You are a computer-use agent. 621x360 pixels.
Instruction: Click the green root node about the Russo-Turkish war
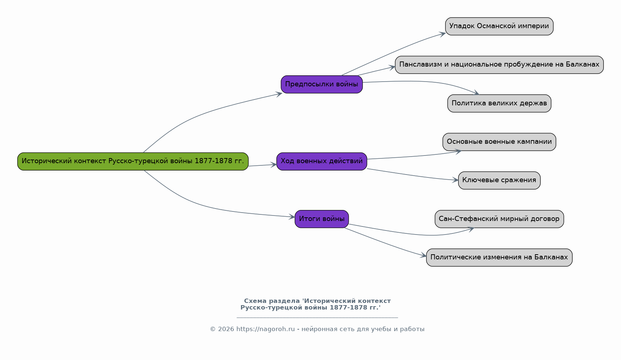[x=133, y=161]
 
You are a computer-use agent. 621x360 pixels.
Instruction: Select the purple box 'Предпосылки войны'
[x=322, y=84]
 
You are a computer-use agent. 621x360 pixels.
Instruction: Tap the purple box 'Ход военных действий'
[x=322, y=161]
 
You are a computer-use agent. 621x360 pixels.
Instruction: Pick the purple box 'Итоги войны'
[x=322, y=219]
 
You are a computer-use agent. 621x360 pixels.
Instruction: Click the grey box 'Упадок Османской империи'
[x=499, y=26]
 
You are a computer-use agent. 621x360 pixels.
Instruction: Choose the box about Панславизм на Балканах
[x=499, y=65]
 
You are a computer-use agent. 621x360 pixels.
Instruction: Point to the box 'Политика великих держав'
[x=499, y=104]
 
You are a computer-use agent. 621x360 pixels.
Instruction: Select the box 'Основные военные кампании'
[x=499, y=142]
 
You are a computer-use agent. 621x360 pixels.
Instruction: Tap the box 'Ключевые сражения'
[x=499, y=180]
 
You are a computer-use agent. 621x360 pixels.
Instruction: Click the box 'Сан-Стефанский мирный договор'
[x=499, y=219]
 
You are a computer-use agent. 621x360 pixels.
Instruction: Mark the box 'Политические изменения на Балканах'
[x=499, y=258]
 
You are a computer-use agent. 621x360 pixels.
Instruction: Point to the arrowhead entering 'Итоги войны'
[x=291, y=217]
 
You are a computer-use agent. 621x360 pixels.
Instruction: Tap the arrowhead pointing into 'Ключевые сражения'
[x=454, y=180]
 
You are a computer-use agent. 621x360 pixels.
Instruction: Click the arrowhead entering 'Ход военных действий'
[x=273, y=165]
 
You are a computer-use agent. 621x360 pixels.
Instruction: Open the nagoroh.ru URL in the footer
[x=266, y=329]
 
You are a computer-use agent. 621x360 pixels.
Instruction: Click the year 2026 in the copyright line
[x=226, y=329]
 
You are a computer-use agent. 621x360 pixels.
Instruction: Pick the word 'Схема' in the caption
[x=255, y=301]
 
